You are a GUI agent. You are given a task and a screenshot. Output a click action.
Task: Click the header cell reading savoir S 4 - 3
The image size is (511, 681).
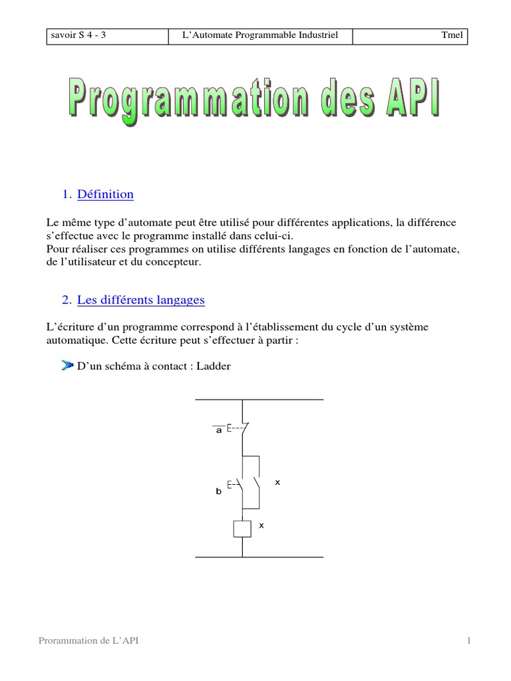point(78,36)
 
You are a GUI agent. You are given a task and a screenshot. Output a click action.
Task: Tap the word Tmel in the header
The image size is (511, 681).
point(452,36)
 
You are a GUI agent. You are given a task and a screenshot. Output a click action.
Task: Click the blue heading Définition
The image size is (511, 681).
point(105,195)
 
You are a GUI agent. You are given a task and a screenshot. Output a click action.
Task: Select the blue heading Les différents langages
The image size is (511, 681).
point(140,301)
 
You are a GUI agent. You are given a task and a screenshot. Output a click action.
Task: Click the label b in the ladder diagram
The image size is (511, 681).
point(218,492)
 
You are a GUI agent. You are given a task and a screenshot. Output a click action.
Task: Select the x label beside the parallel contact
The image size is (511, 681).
point(277,482)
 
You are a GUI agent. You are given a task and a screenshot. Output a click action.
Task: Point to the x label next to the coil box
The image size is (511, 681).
point(261,525)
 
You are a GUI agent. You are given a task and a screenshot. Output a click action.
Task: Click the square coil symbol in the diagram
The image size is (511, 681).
point(242,528)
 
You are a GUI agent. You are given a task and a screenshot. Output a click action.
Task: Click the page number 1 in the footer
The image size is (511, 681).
point(468,640)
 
